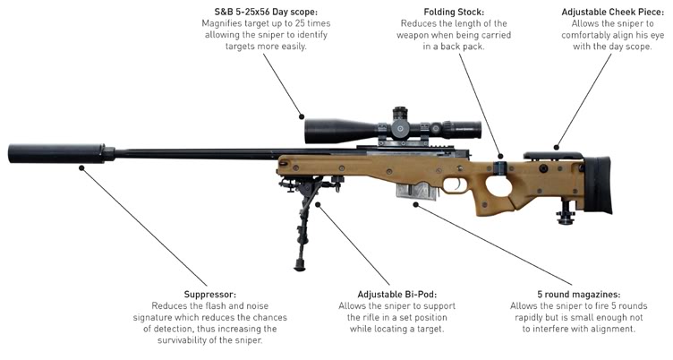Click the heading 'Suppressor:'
(210, 293)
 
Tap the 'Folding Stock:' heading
(454, 10)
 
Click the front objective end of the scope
(311, 131)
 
